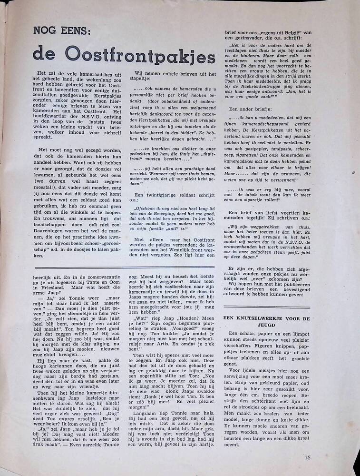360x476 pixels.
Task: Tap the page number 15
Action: pyautogui.click(x=307, y=458)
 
